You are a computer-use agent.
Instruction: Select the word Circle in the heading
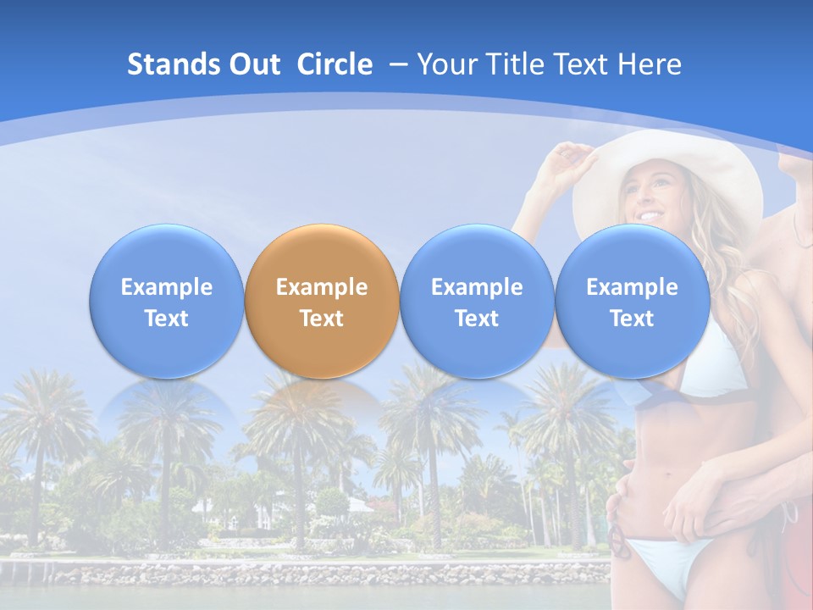click(x=335, y=64)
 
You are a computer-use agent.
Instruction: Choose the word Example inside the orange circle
click(x=322, y=287)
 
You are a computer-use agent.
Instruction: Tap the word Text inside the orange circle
click(x=322, y=319)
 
